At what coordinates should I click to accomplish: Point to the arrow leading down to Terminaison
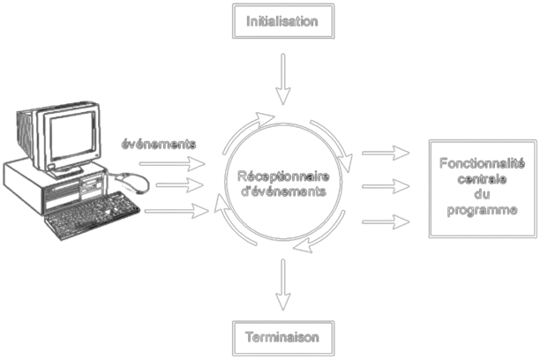[282, 282]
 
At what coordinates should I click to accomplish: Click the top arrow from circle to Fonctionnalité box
[386, 154]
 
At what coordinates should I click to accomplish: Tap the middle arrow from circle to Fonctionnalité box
[386, 187]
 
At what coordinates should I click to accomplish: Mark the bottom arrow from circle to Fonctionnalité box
[386, 221]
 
